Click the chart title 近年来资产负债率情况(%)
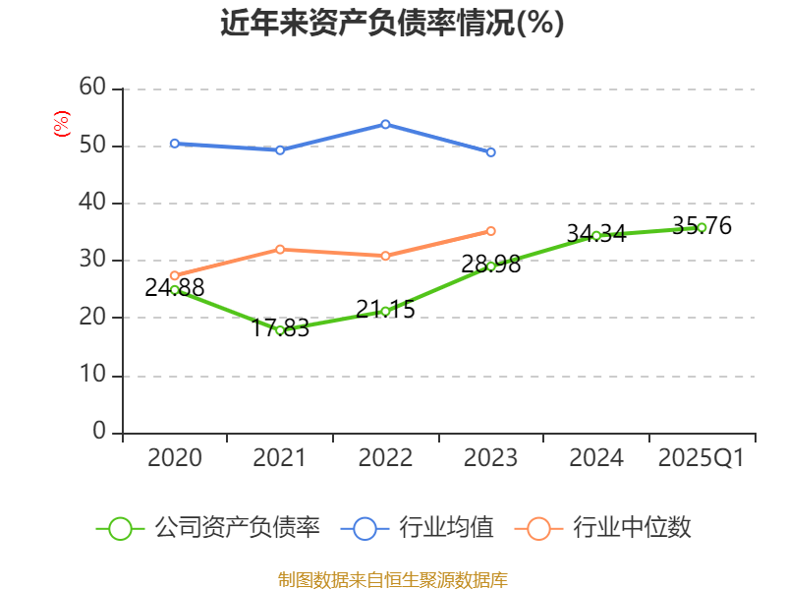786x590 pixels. tap(392, 24)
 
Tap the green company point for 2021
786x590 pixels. tap(280, 330)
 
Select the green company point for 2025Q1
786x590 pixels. tap(702, 227)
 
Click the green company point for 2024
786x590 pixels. tap(596, 235)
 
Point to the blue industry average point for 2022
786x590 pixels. tap(385, 124)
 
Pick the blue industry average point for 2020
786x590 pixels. tap(175, 144)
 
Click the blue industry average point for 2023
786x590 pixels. tap(490, 152)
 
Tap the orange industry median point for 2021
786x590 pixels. tap(280, 249)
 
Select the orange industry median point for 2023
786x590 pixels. tap(490, 231)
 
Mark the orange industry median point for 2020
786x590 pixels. tap(175, 275)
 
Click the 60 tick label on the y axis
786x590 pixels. tap(92, 88)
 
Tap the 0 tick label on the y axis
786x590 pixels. tap(99, 432)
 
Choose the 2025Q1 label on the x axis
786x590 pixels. tap(702, 458)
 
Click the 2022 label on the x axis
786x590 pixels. tap(385, 458)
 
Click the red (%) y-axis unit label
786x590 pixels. tap(62, 124)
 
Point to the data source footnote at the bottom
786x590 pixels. tap(392, 579)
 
